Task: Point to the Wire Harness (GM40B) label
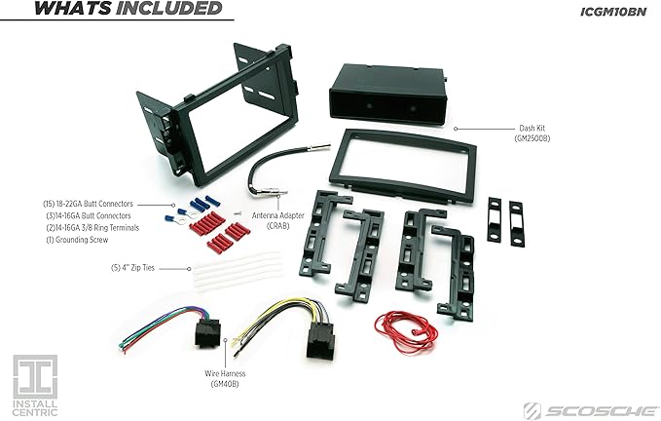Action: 224,378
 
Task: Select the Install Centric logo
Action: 34,383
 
